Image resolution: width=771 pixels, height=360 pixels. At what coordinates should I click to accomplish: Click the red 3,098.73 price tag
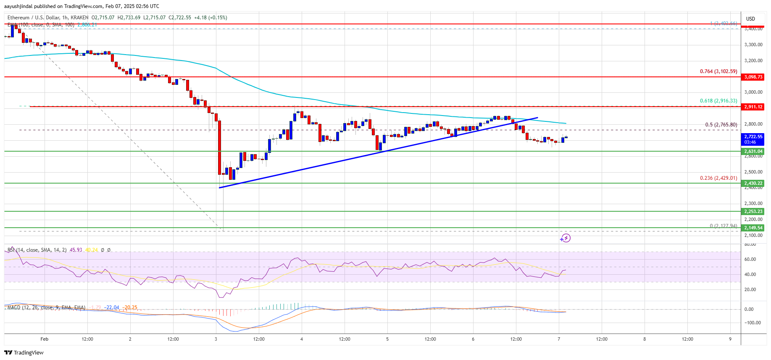(753, 77)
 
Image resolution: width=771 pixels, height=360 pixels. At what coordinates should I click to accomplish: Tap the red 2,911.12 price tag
(753, 107)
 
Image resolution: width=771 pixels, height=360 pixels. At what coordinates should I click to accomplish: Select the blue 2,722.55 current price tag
(753, 139)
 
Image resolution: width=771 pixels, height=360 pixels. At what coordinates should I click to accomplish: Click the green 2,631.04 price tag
(753, 151)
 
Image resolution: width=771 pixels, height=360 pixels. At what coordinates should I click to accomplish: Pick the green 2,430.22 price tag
(753, 183)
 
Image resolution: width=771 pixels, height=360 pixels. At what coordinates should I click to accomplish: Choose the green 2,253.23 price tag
(753, 211)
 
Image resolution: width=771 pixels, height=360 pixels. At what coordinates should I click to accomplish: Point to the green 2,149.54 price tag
(753, 228)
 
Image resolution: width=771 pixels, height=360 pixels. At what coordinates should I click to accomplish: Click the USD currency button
(750, 19)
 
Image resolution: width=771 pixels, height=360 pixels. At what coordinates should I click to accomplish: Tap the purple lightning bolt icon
(566, 238)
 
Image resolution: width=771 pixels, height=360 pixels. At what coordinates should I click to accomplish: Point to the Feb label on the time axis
(45, 339)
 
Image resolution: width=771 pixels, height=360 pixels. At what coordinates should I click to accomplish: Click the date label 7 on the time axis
(559, 339)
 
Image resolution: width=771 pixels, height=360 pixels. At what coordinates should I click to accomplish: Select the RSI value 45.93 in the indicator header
(76, 250)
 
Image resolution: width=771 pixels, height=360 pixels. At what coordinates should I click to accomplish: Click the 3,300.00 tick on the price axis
(753, 45)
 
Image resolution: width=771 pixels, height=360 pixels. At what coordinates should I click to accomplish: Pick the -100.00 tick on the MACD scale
(752, 323)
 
